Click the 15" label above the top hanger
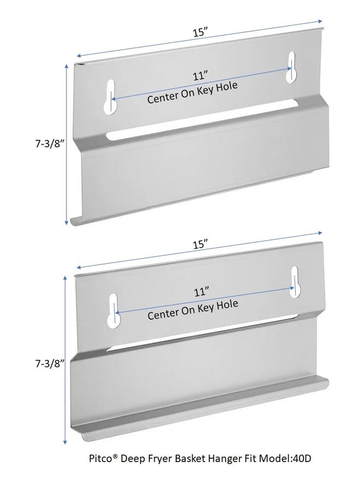tap(200, 32)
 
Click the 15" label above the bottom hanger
tap(201, 244)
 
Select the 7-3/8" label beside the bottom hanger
tap(50, 363)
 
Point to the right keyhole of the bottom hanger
tap(295, 282)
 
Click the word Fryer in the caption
tap(160, 459)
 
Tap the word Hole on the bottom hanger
tap(227, 304)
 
